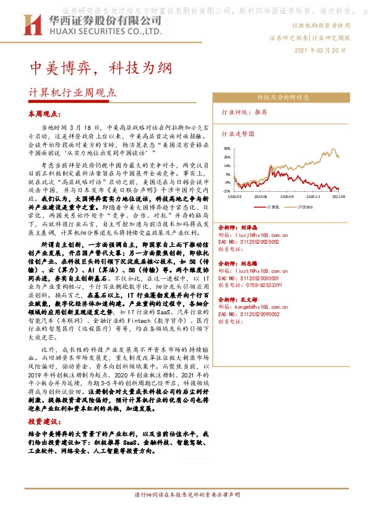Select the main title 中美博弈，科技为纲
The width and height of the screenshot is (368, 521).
click(x=98, y=66)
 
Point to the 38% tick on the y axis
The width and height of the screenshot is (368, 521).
click(x=228, y=149)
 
